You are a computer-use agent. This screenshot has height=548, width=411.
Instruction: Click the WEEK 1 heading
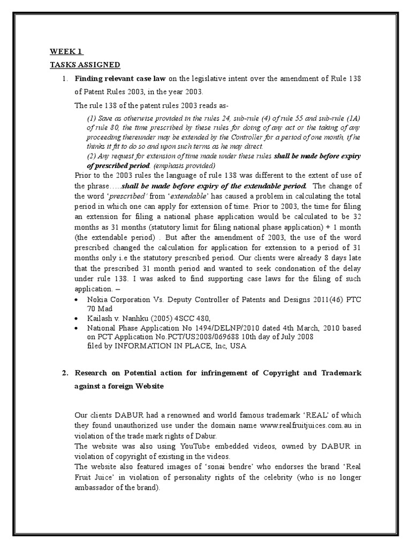pyautogui.click(x=66, y=51)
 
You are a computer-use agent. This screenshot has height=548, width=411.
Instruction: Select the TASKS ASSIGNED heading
pyautogui.click(x=85, y=65)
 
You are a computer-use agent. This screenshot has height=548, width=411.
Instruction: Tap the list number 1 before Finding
pyautogui.click(x=64, y=79)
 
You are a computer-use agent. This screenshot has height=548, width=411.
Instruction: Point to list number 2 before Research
pyautogui.click(x=64, y=372)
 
